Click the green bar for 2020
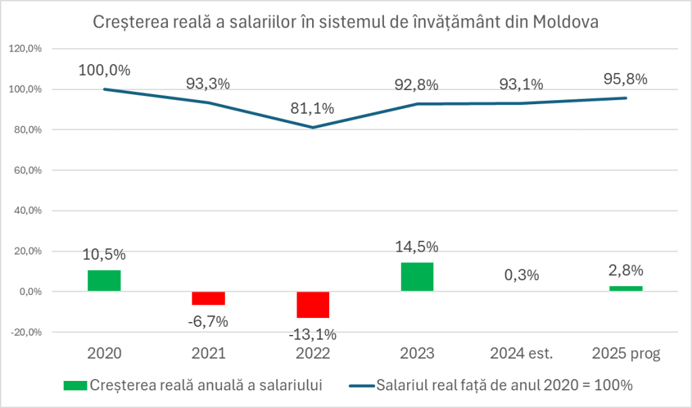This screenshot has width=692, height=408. point(104,281)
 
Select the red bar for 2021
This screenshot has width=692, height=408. point(209,298)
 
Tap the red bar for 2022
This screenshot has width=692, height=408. point(313,304)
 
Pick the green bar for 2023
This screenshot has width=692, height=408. point(417,277)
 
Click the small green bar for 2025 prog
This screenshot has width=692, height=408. point(626,289)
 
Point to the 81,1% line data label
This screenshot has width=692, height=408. point(313,108)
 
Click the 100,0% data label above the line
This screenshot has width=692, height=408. point(104,70)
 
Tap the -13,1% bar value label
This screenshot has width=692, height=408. point(313,334)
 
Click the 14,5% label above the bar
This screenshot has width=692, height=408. point(417,246)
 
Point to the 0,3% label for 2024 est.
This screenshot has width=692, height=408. point(521,275)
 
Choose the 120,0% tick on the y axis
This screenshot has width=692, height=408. point(24,49)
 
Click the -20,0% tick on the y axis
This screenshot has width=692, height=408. point(24,332)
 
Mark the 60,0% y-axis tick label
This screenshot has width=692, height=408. point(26,171)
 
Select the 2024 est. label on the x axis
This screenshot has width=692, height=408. point(521,354)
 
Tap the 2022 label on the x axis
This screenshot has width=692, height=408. point(313,354)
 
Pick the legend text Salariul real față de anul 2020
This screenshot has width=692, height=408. point(504,386)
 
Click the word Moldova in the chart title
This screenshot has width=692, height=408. point(566,22)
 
